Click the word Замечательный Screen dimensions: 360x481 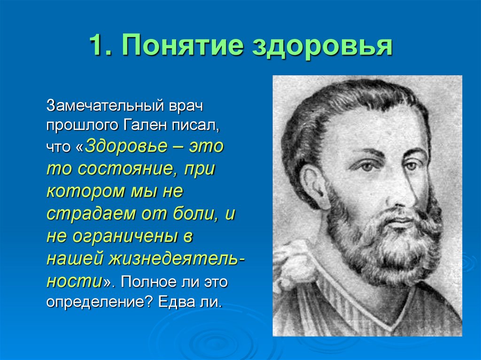coord(104,105)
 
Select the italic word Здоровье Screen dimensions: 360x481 coord(126,146)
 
